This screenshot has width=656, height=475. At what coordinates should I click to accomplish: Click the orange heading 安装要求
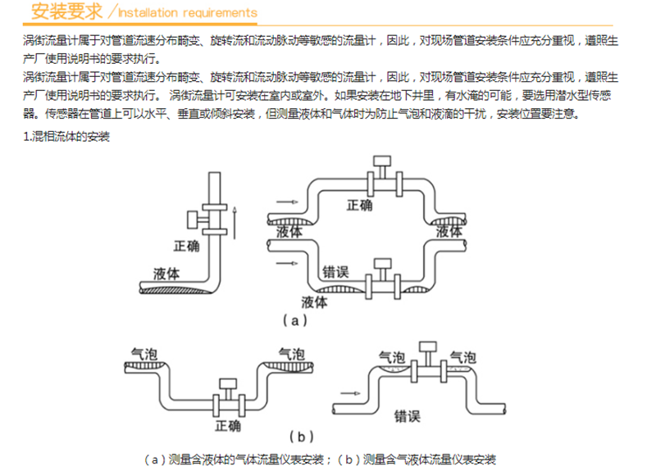pyautogui.click(x=66, y=11)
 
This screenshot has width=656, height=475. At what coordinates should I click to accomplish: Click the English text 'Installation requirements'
pyautogui.click(x=188, y=13)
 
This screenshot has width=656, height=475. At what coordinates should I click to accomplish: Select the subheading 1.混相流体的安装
pyautogui.click(x=66, y=137)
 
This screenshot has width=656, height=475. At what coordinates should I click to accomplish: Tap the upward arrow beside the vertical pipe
pyautogui.click(x=235, y=223)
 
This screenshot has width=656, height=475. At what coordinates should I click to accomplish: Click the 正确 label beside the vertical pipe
pyautogui.click(x=187, y=246)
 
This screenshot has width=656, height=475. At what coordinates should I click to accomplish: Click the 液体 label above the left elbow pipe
pyautogui.click(x=166, y=274)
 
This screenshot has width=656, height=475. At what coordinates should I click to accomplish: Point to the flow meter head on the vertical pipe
pyautogui.click(x=193, y=219)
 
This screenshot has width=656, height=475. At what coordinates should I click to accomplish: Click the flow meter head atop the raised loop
pyautogui.click(x=382, y=161)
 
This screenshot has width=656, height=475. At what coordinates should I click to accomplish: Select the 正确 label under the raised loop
pyautogui.click(x=359, y=205)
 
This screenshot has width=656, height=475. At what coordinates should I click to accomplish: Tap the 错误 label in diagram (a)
pyautogui.click(x=335, y=273)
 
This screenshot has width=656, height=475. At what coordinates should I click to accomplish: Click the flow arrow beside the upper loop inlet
pyautogui.click(x=287, y=202)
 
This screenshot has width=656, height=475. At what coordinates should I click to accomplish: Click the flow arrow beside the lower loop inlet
pyautogui.click(x=287, y=263)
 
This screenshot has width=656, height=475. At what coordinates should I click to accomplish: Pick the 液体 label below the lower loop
pyautogui.click(x=314, y=302)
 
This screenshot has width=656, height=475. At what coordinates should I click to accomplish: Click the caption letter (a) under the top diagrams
pyautogui.click(x=295, y=321)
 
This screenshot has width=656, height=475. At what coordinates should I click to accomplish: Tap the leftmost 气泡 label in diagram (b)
pyautogui.click(x=144, y=355)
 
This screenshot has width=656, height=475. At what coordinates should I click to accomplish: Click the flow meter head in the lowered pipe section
pyautogui.click(x=228, y=383)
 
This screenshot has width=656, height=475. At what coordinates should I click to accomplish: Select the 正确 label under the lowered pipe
pyautogui.click(x=228, y=426)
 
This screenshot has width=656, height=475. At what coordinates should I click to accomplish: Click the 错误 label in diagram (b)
pyautogui.click(x=407, y=416)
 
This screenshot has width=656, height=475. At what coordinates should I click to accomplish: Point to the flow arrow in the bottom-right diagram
pyautogui.click(x=351, y=393)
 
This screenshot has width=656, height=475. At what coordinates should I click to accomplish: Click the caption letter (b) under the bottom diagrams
pyautogui.click(x=301, y=437)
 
